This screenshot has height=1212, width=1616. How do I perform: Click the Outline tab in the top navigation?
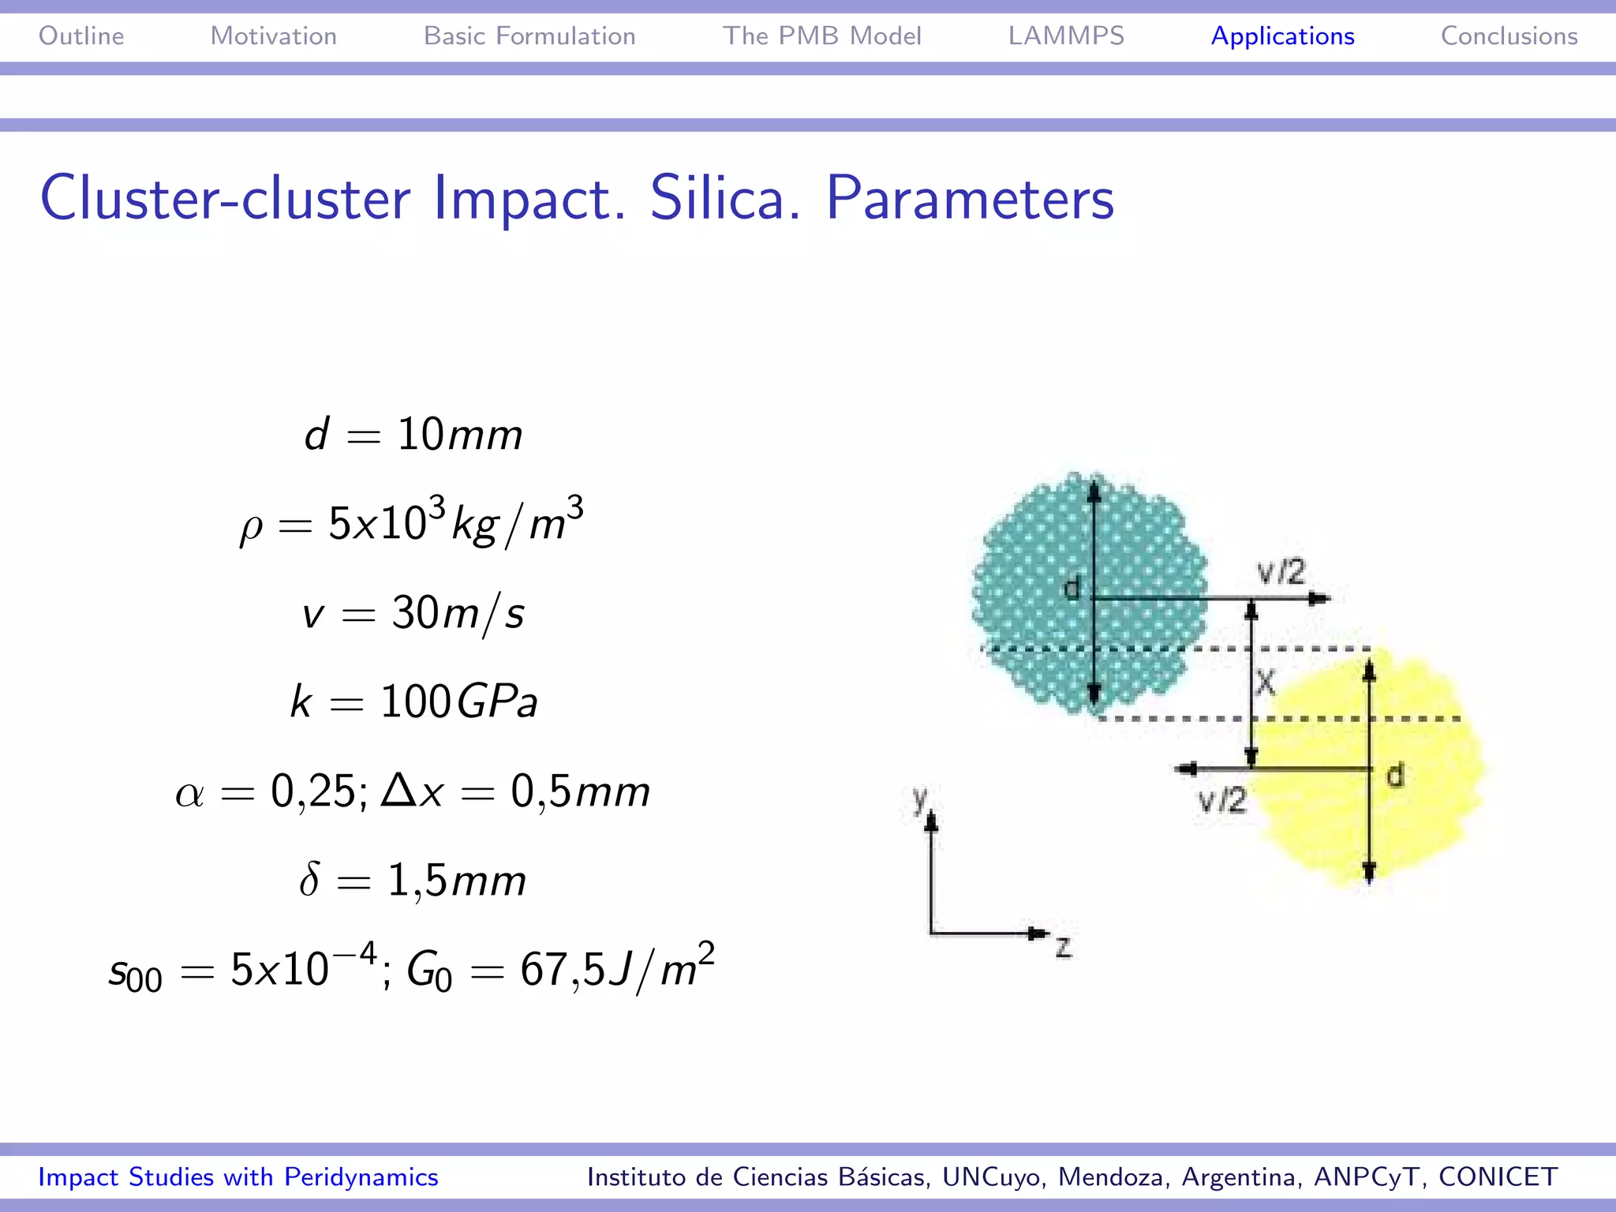[x=81, y=36]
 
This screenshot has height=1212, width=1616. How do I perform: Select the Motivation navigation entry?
[x=273, y=36]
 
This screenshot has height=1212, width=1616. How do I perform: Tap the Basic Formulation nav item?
[x=529, y=36]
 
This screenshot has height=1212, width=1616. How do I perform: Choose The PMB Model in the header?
[x=821, y=36]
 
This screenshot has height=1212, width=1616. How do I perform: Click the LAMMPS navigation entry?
[x=1066, y=36]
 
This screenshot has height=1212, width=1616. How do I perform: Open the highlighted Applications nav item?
[x=1282, y=36]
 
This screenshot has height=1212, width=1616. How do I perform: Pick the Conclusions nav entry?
[x=1509, y=36]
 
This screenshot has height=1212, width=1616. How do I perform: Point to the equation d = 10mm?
[x=413, y=435]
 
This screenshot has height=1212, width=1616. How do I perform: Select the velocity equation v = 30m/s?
[x=413, y=613]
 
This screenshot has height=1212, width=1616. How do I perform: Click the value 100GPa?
[x=458, y=701]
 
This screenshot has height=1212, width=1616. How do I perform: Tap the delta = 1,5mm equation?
[x=413, y=880]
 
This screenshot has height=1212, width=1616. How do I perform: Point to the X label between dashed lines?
[x=1265, y=682]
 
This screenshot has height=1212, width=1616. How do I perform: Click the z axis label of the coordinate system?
[x=1064, y=946]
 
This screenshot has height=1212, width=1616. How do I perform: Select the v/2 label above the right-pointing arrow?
[x=1281, y=572]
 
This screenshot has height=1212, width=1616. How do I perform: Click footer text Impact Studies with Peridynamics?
[x=238, y=1176]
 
